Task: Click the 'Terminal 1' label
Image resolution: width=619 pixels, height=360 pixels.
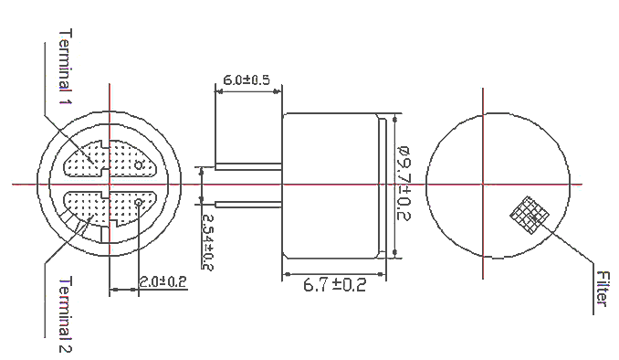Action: pos(66,66)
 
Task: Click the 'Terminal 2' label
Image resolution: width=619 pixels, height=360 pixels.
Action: pos(66,313)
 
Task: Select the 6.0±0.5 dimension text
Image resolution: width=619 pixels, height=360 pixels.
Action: pos(247,79)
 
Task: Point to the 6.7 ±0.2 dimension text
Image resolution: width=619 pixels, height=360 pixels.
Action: pos(335,284)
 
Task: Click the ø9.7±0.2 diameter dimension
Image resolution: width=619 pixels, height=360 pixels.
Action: pos(404,183)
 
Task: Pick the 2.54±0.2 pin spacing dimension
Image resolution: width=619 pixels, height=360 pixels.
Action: pos(207,242)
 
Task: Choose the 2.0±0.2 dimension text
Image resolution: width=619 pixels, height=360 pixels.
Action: pos(163,281)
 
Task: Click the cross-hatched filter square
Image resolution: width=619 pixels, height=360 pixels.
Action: pos(530,215)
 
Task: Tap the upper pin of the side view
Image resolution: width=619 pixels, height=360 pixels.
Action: pos(248,167)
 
